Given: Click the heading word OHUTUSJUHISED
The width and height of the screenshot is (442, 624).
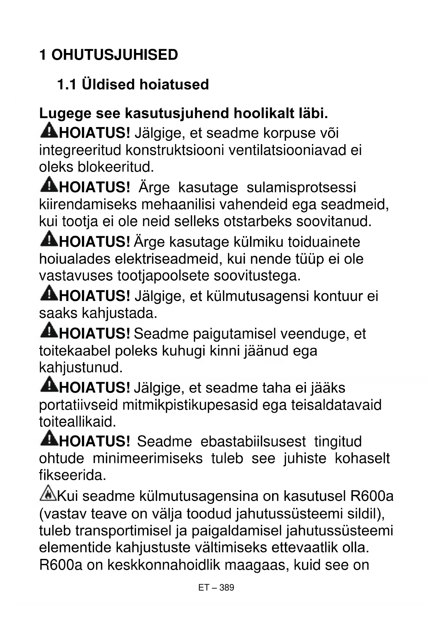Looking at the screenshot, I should coord(114,55).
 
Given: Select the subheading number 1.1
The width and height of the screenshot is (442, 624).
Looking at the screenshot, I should coord(67,85).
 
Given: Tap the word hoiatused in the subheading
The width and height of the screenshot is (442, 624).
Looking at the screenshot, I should coord(174,85).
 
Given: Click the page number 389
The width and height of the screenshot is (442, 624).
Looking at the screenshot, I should coord(227,588).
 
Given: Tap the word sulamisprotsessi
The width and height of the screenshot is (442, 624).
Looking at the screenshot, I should coord(301,187).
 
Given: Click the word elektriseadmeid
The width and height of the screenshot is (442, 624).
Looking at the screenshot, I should coord(165,259).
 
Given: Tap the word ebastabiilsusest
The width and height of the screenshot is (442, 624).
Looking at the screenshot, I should coord(253,442).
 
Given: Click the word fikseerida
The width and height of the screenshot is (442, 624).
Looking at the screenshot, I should coord(72,475).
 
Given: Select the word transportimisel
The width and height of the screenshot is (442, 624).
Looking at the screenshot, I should coord(123,531).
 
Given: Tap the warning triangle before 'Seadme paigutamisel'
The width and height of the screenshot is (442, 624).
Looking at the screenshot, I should coord(49,331).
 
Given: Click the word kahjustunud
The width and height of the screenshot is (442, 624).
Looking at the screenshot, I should coord(80,367).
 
